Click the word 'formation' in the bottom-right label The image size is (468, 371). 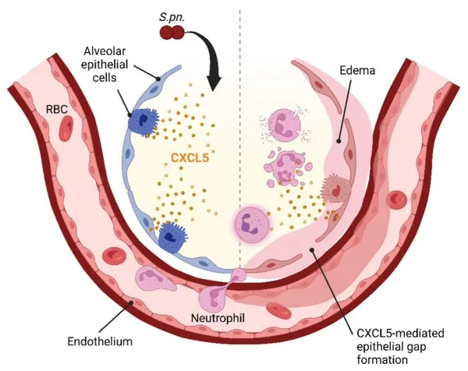click(x=383, y=359)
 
